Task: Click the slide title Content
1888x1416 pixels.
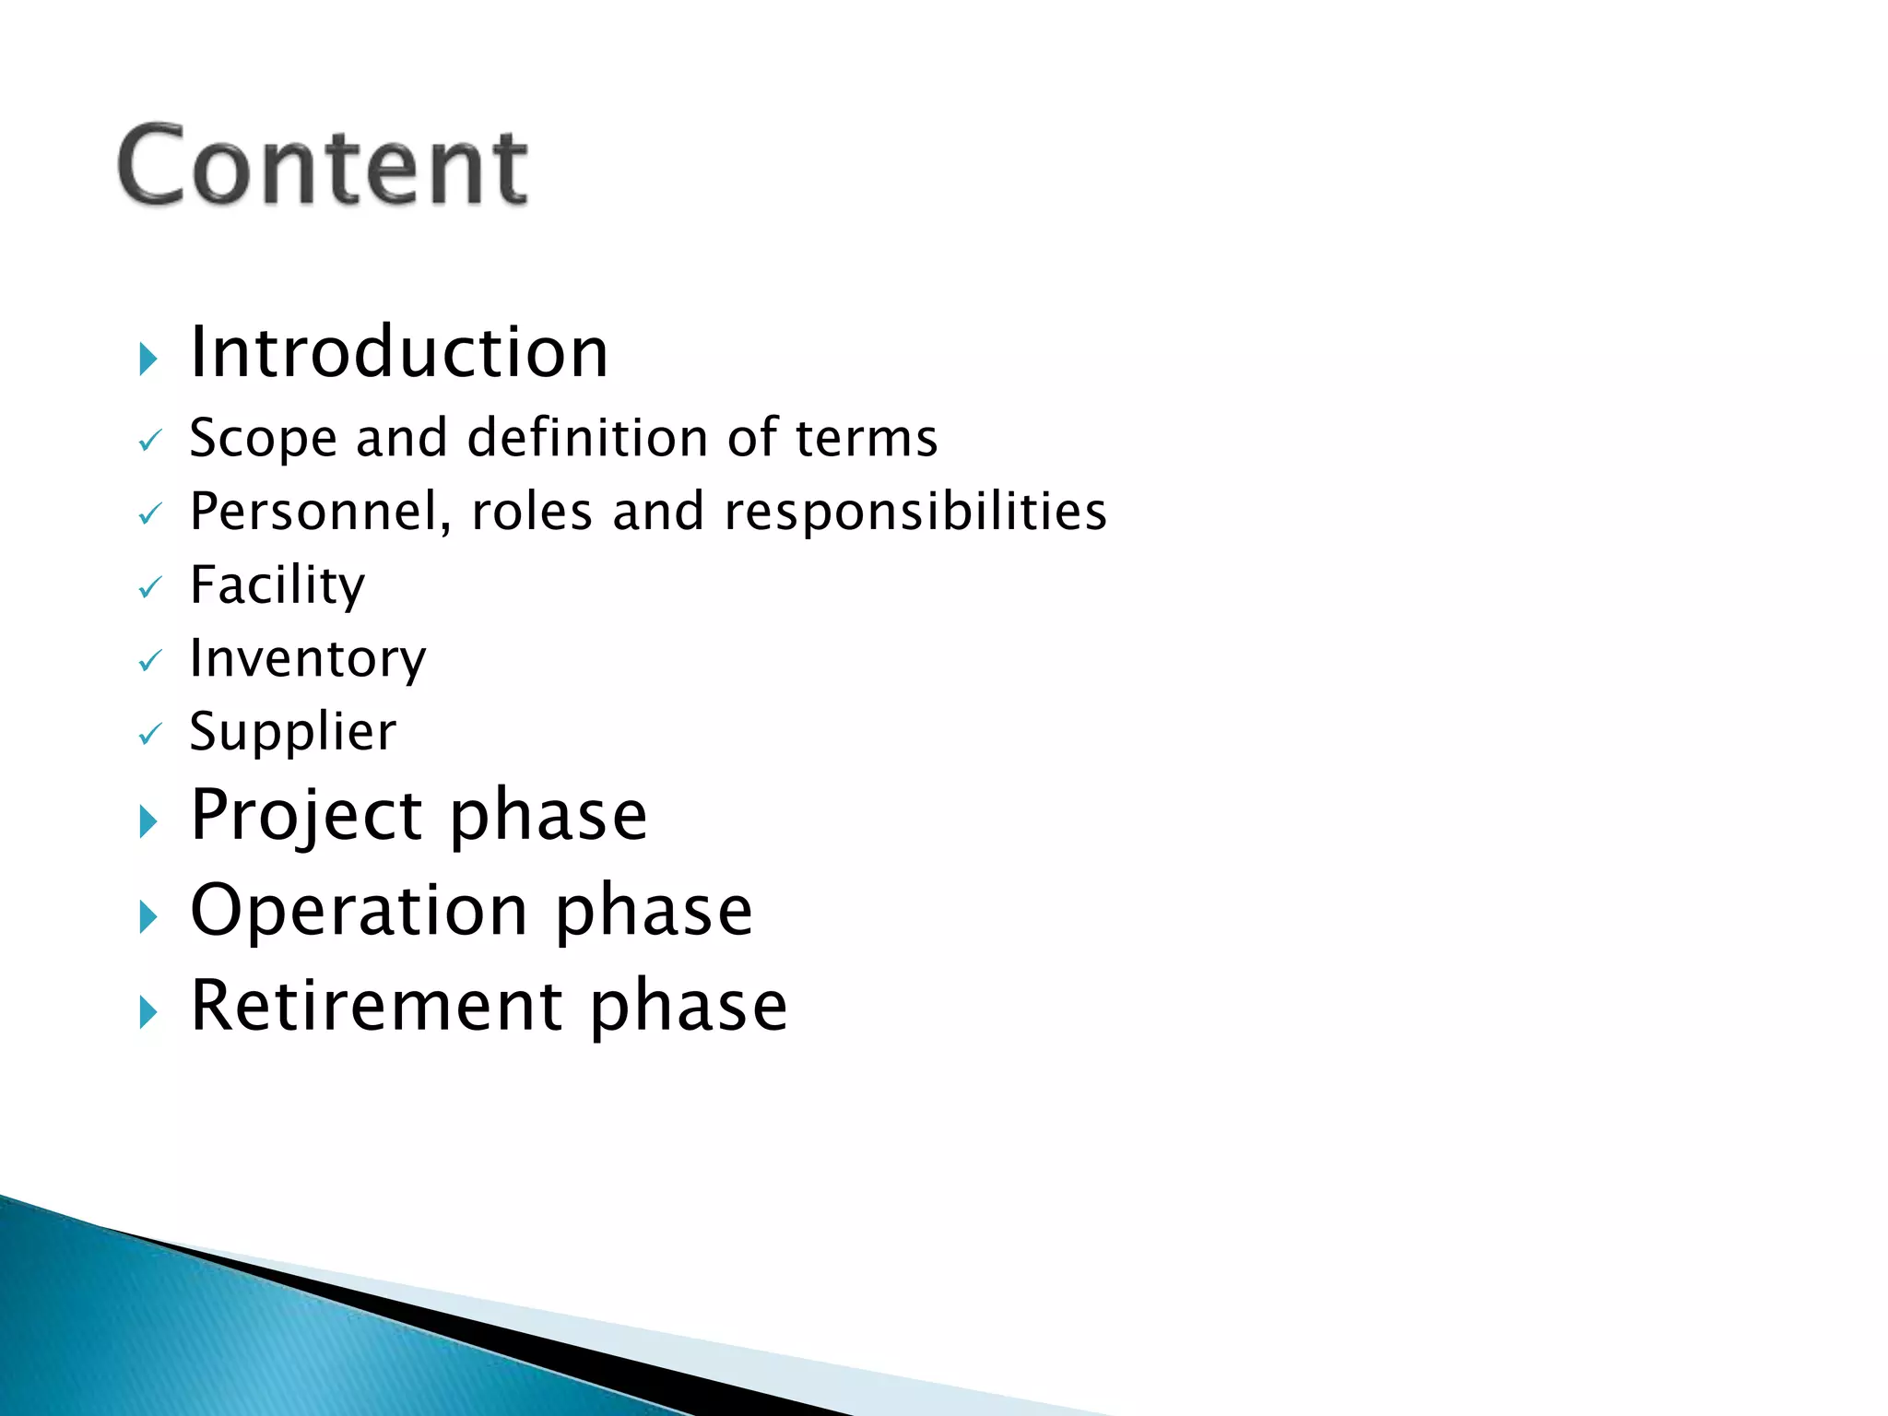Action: pos(323,166)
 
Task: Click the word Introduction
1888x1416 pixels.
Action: pos(398,353)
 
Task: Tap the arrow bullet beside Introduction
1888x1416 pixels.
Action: pos(148,359)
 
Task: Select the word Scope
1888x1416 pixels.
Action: pos(263,439)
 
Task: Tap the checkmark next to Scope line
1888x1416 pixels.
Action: pos(149,442)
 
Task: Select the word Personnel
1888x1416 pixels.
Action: pos(320,512)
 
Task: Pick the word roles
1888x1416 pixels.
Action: pos(531,512)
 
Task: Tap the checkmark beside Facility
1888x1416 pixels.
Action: pos(149,588)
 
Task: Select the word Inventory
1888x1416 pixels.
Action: pos(308,659)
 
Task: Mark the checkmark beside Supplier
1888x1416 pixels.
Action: pos(149,735)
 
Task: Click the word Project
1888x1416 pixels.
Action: pos(306,817)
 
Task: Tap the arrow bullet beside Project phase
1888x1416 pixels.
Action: pos(148,821)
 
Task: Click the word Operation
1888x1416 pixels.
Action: pos(359,912)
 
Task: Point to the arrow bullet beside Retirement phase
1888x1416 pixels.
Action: pos(148,1012)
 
